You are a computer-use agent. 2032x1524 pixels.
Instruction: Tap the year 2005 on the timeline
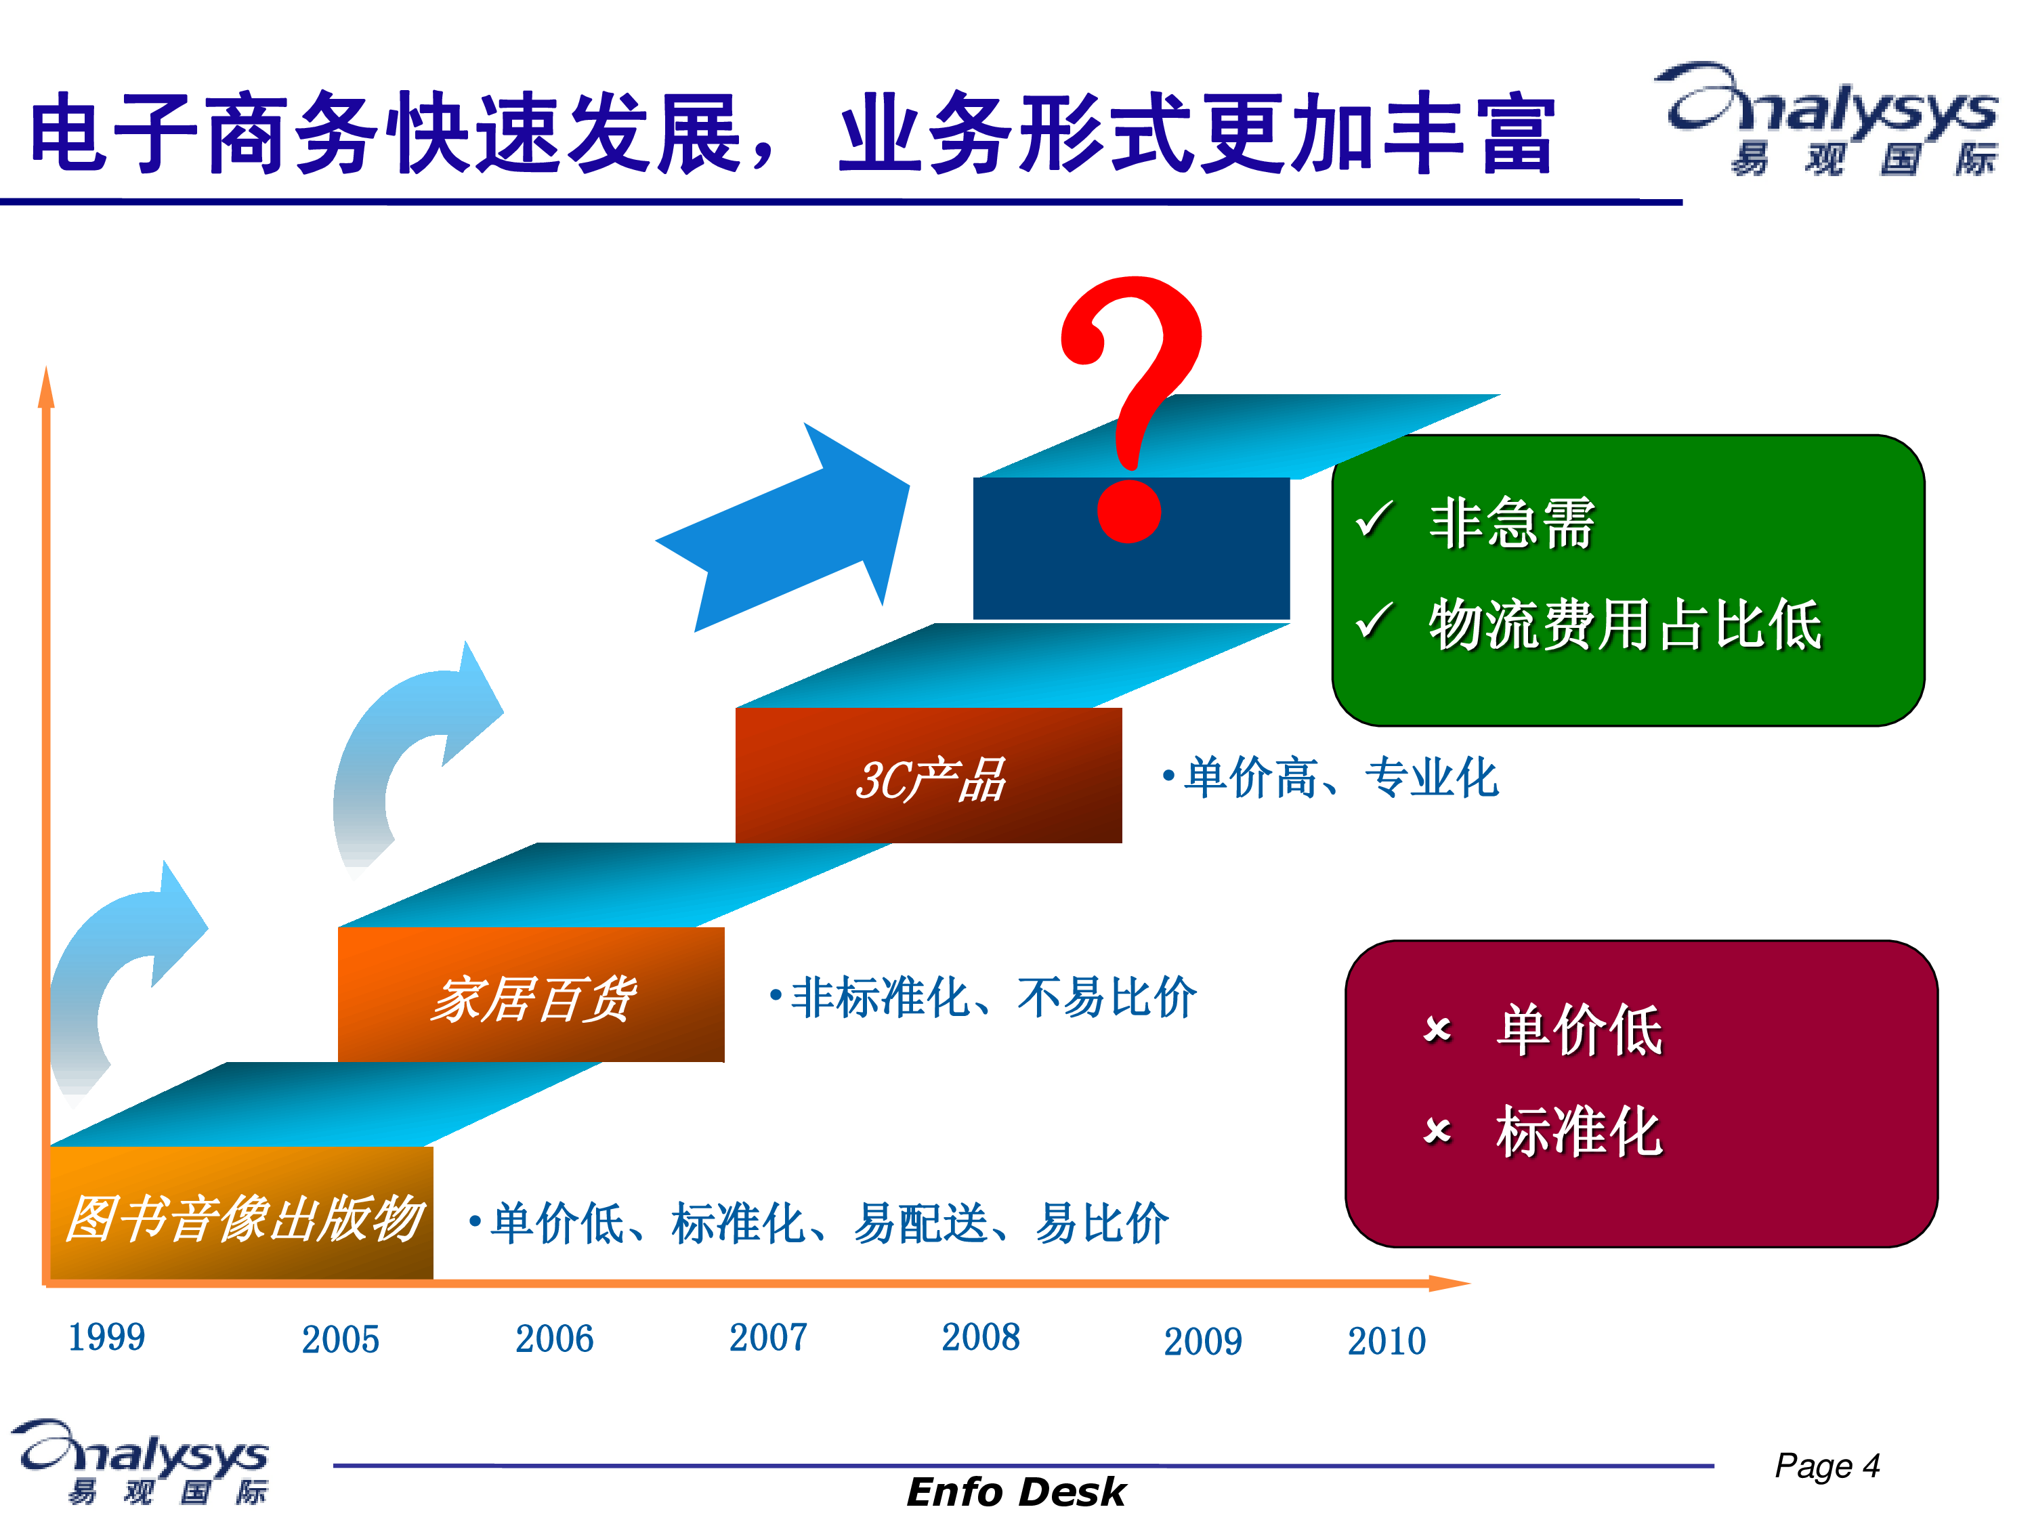[x=340, y=1339]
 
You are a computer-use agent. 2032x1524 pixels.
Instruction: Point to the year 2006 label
[x=554, y=1338]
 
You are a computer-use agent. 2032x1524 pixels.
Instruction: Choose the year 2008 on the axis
[x=980, y=1336]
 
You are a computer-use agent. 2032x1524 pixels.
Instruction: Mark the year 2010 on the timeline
[x=1387, y=1341]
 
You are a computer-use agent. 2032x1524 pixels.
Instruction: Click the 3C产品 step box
[x=929, y=776]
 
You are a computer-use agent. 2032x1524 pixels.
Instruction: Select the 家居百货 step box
[x=531, y=995]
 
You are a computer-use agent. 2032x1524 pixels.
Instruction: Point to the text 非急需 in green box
[x=1511, y=523]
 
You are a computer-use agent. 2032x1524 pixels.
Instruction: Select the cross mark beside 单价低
[x=1438, y=1029]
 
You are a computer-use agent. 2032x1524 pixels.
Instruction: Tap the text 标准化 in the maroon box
[x=1579, y=1131]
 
